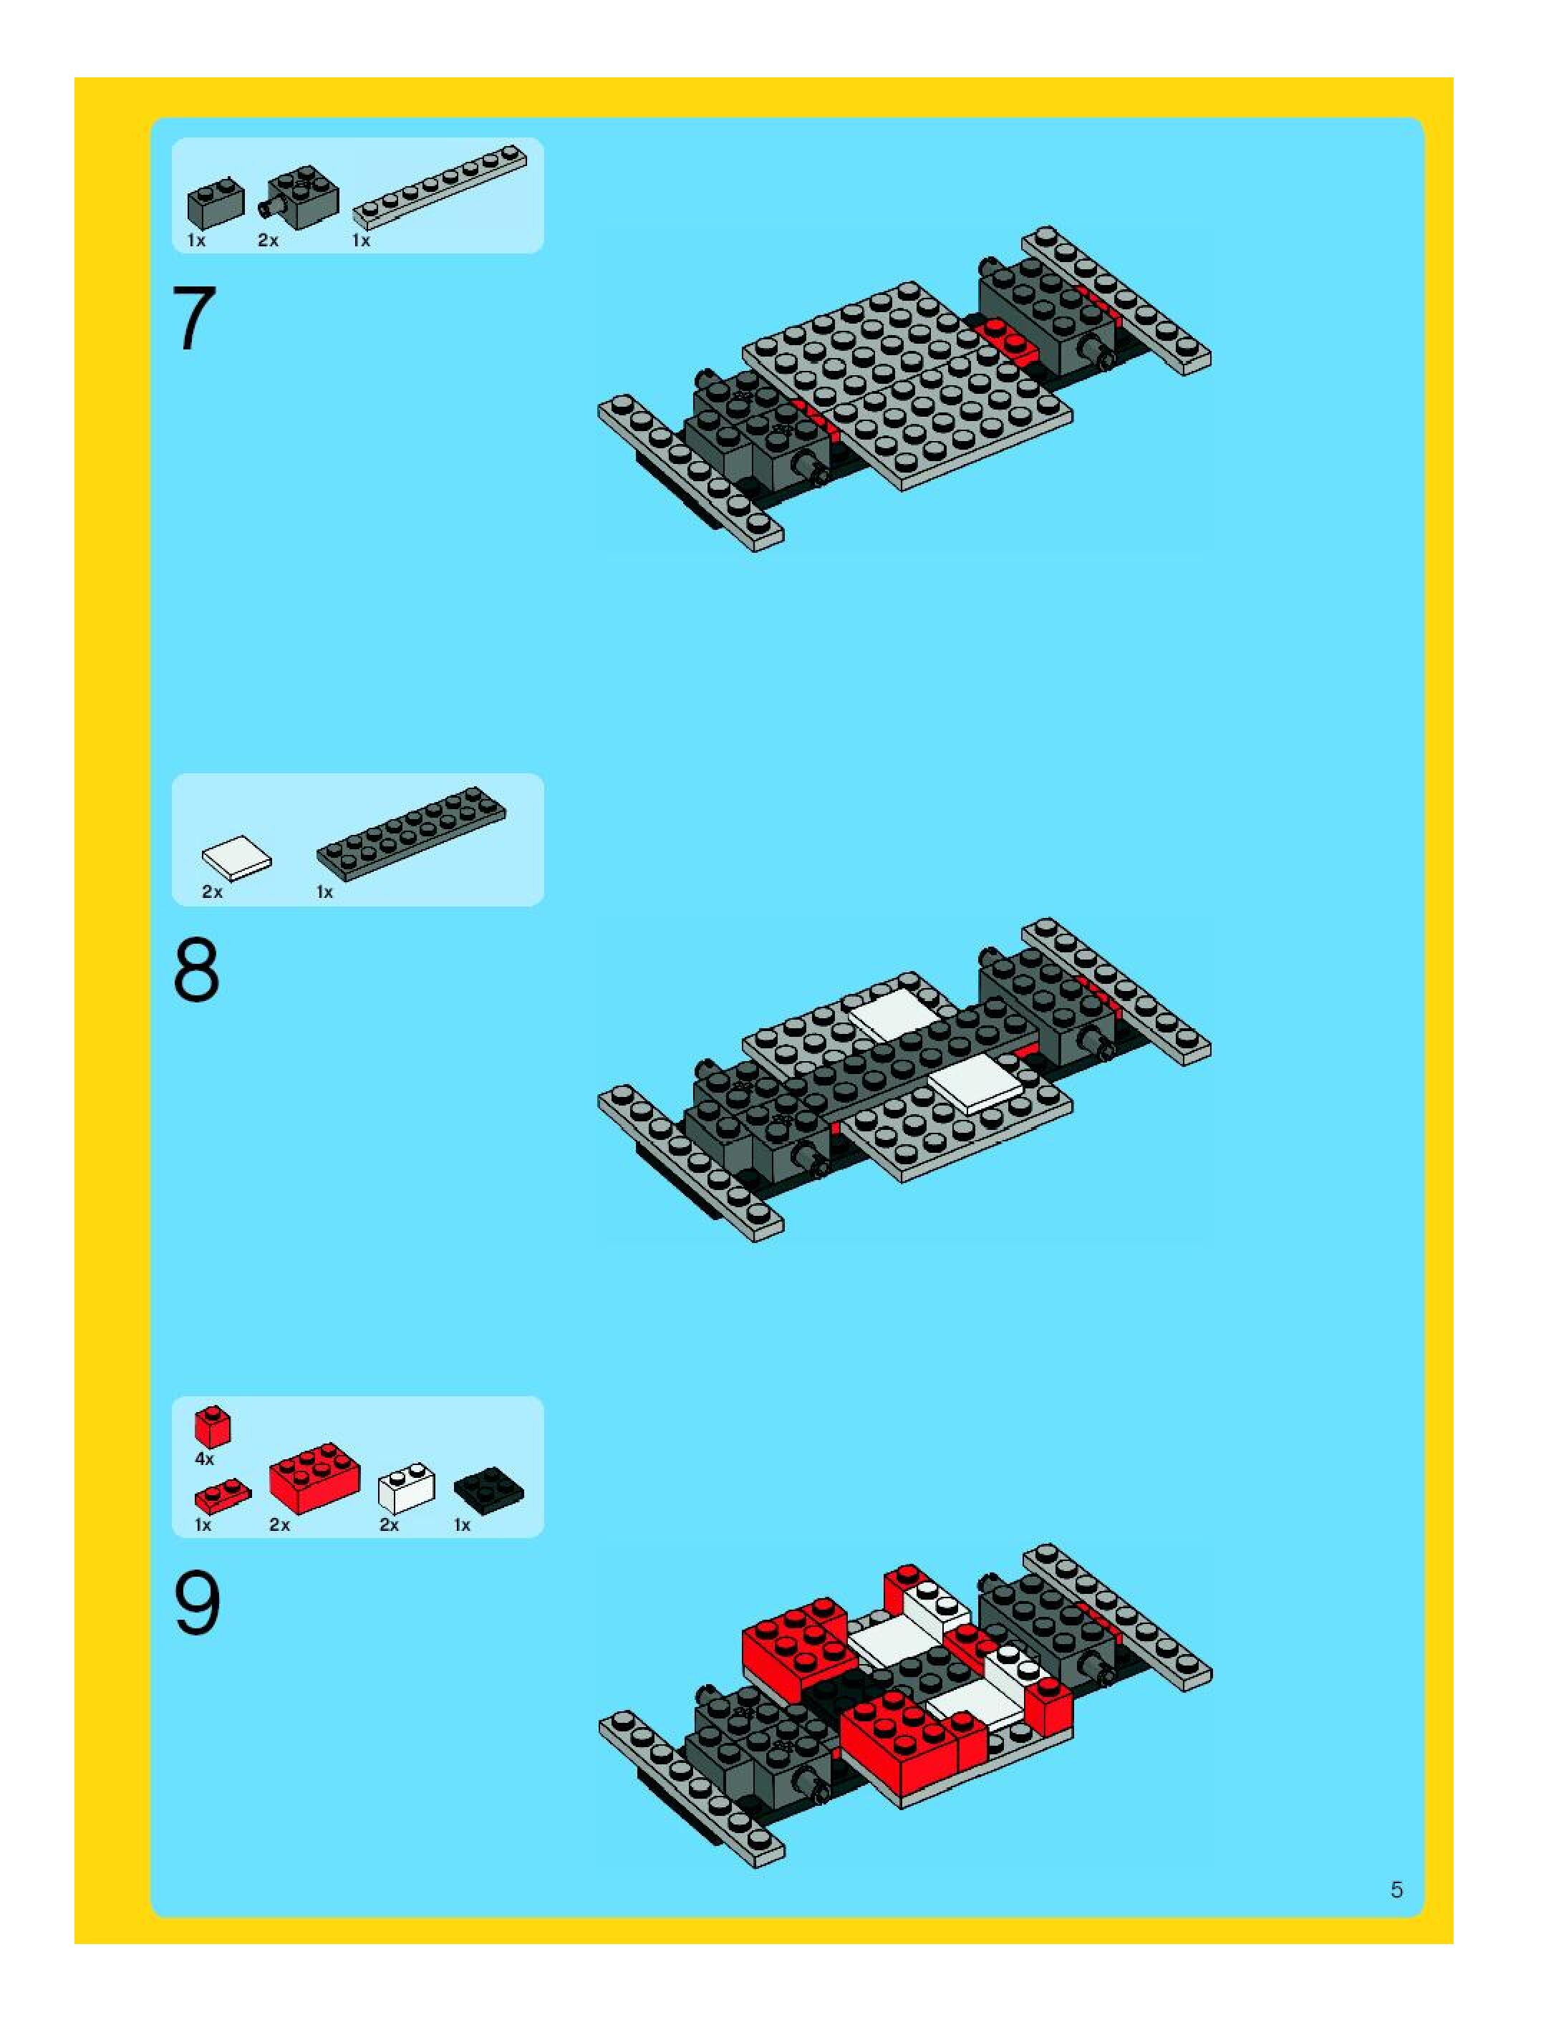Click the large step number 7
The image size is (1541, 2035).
[194, 319]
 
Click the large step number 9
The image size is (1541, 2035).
[197, 1603]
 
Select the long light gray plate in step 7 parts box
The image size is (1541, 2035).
[440, 187]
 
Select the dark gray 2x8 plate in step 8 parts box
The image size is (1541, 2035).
[411, 833]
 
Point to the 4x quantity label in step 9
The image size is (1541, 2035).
[204, 1459]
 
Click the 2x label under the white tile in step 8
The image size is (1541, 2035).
[213, 891]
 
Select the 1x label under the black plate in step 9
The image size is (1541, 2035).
[462, 1524]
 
